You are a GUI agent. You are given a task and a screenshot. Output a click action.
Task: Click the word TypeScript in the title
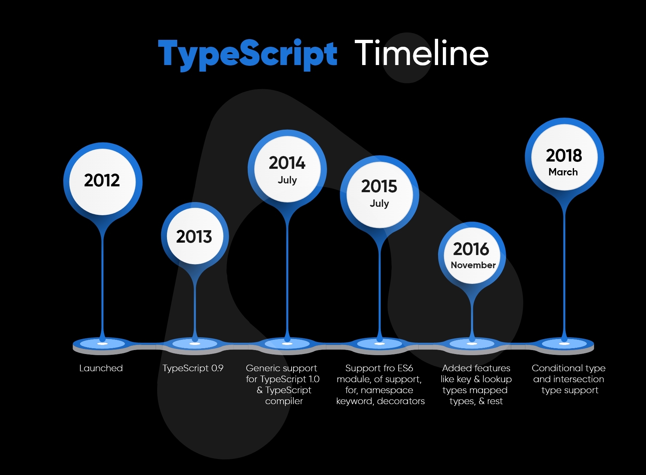pyautogui.click(x=247, y=55)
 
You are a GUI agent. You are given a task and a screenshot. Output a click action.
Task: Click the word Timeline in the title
pyautogui.click(x=421, y=53)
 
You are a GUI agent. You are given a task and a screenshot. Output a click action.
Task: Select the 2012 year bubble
pyautogui.click(x=103, y=182)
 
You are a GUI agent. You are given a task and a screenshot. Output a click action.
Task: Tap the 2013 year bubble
pyautogui.click(x=195, y=236)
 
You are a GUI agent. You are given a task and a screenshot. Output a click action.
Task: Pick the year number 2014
pyautogui.click(x=287, y=163)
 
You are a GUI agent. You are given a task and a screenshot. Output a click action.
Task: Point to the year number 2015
pyautogui.click(x=379, y=186)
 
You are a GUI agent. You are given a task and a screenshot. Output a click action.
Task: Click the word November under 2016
pyautogui.click(x=473, y=265)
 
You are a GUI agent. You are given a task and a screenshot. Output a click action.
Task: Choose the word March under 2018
pyautogui.click(x=563, y=172)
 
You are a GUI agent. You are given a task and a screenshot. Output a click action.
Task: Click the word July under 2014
pyautogui.click(x=287, y=180)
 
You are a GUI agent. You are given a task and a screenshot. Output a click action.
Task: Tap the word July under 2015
pyautogui.click(x=379, y=204)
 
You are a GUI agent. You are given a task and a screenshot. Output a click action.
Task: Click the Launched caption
pyautogui.click(x=101, y=368)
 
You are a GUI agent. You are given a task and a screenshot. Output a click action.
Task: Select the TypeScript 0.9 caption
pyautogui.click(x=193, y=368)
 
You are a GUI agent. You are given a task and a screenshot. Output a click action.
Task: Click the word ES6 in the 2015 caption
pyautogui.click(x=405, y=368)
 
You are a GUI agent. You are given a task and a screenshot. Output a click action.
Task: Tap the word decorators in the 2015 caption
pyautogui.click(x=401, y=401)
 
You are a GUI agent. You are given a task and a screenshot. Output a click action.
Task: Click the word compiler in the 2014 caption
pyautogui.click(x=284, y=402)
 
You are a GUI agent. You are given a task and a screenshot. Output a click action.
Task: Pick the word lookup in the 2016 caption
pyautogui.click(x=497, y=380)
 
